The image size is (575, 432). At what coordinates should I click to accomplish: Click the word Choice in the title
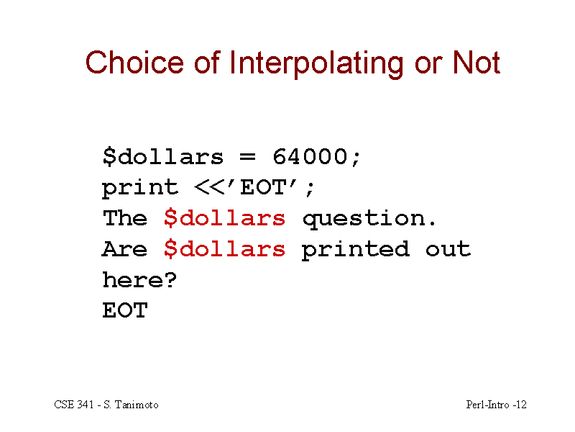134,63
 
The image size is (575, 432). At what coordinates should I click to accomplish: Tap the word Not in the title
477,63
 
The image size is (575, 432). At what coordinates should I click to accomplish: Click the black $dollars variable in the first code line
163,157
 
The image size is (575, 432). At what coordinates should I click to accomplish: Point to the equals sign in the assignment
247,157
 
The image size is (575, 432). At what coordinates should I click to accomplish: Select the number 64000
310,156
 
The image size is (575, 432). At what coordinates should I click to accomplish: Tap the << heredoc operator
209,188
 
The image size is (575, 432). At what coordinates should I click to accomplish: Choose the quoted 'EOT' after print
263,186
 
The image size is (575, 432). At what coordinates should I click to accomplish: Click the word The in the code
124,218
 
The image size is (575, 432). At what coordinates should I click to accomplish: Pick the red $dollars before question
224,218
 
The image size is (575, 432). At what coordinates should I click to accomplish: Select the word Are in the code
124,248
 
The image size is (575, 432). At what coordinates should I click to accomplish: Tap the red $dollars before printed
224,249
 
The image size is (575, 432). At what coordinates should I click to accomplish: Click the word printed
355,250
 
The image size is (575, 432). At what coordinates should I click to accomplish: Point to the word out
448,249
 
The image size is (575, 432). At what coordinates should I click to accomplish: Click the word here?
139,280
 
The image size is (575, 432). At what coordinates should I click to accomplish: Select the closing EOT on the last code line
124,310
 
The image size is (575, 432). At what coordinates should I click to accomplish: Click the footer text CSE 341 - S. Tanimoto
106,405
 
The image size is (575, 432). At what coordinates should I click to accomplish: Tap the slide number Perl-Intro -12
496,405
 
